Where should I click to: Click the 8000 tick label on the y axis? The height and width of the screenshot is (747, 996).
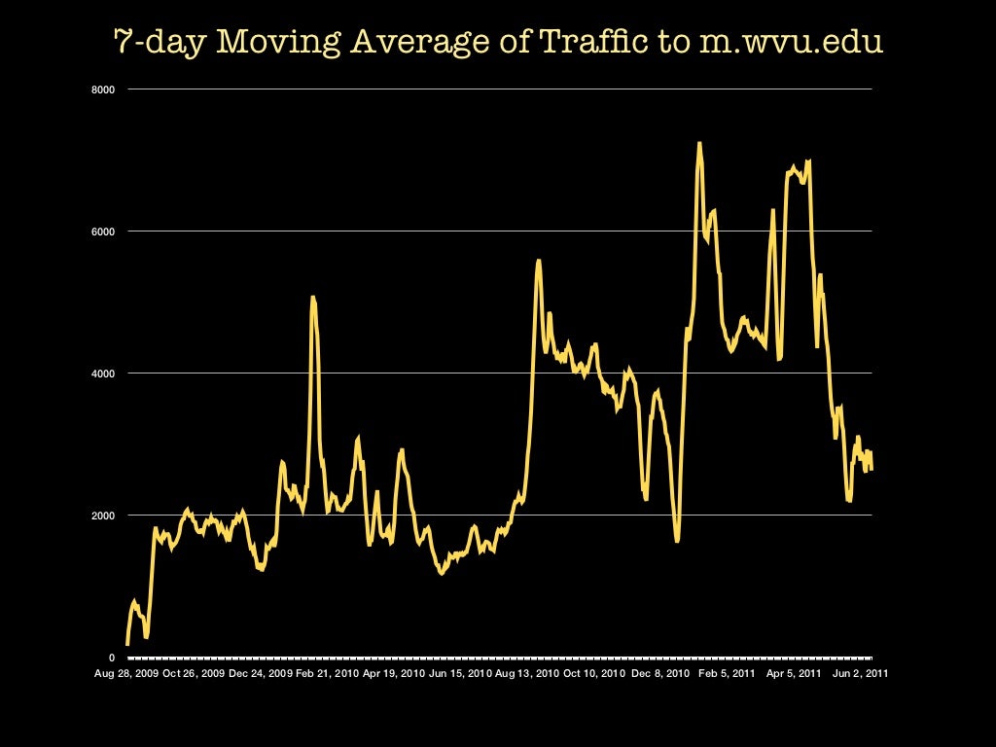[x=104, y=89]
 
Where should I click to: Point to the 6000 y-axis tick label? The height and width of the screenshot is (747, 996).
[x=104, y=231]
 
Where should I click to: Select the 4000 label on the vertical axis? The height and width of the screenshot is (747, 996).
[x=104, y=373]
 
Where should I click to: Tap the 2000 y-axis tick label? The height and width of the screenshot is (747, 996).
[x=104, y=516]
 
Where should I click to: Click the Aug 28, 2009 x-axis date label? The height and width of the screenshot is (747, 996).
[x=127, y=672]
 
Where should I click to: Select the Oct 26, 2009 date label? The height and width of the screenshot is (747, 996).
[x=194, y=672]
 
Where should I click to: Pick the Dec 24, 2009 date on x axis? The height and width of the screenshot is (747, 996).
[x=260, y=672]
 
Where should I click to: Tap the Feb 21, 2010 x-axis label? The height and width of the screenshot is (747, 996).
[x=327, y=672]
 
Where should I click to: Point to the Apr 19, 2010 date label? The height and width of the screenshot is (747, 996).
[x=393, y=672]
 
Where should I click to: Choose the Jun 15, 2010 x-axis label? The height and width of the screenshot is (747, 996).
[x=460, y=672]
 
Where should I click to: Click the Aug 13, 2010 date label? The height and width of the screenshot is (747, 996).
[x=526, y=672]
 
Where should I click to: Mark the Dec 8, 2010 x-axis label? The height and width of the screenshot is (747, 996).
[x=661, y=672]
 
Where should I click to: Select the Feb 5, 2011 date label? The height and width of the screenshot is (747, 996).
[x=728, y=672]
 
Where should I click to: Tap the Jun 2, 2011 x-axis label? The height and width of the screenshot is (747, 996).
[x=859, y=672]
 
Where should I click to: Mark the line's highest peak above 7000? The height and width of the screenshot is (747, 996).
[x=698, y=144]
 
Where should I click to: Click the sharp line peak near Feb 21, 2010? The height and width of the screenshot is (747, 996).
[x=312, y=298]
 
